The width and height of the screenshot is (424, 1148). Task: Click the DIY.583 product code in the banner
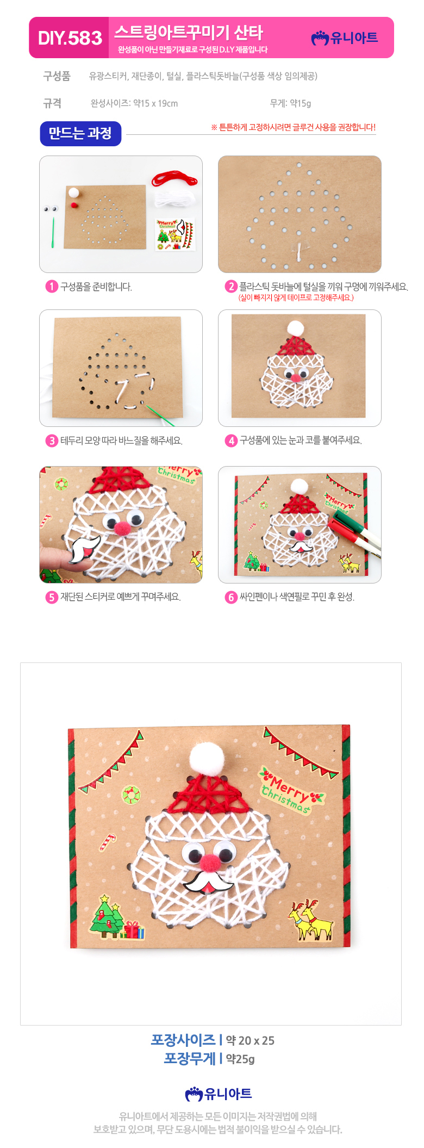pyautogui.click(x=70, y=38)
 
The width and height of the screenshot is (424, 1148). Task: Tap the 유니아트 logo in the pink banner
pyautogui.click(x=345, y=38)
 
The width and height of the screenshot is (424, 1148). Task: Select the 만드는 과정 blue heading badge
pyautogui.click(x=80, y=133)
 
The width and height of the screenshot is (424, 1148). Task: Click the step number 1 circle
pyautogui.click(x=52, y=287)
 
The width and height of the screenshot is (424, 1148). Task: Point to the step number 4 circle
pyautogui.click(x=231, y=440)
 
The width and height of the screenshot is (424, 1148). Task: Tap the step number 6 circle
pyautogui.click(x=231, y=597)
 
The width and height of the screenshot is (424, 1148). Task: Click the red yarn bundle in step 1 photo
pyautogui.click(x=174, y=178)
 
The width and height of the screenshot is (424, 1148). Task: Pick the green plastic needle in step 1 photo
pyautogui.click(x=53, y=233)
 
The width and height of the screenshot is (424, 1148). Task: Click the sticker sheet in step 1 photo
pyautogui.click(x=175, y=234)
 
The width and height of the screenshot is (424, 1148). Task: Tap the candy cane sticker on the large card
pyautogui.click(x=107, y=842)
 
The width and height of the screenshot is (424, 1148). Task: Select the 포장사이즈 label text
pyautogui.click(x=183, y=1040)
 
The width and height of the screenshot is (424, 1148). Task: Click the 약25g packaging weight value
pyautogui.click(x=240, y=1059)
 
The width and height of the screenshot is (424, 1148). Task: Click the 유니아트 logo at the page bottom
pyautogui.click(x=219, y=1094)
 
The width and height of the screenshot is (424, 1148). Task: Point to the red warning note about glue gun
pyautogui.click(x=293, y=127)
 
